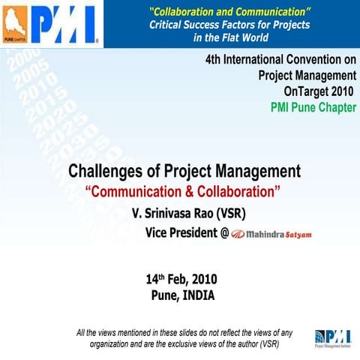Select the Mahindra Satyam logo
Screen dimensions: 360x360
click(x=271, y=234)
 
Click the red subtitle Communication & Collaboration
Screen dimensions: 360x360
click(x=184, y=191)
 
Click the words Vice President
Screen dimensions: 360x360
click(x=181, y=233)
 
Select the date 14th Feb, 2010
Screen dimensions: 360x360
click(x=181, y=280)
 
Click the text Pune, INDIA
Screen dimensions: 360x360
click(x=183, y=295)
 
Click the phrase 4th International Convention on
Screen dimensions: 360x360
click(x=280, y=59)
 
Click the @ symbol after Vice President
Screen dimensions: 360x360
click(x=224, y=234)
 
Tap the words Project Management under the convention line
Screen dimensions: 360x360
click(x=307, y=75)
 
